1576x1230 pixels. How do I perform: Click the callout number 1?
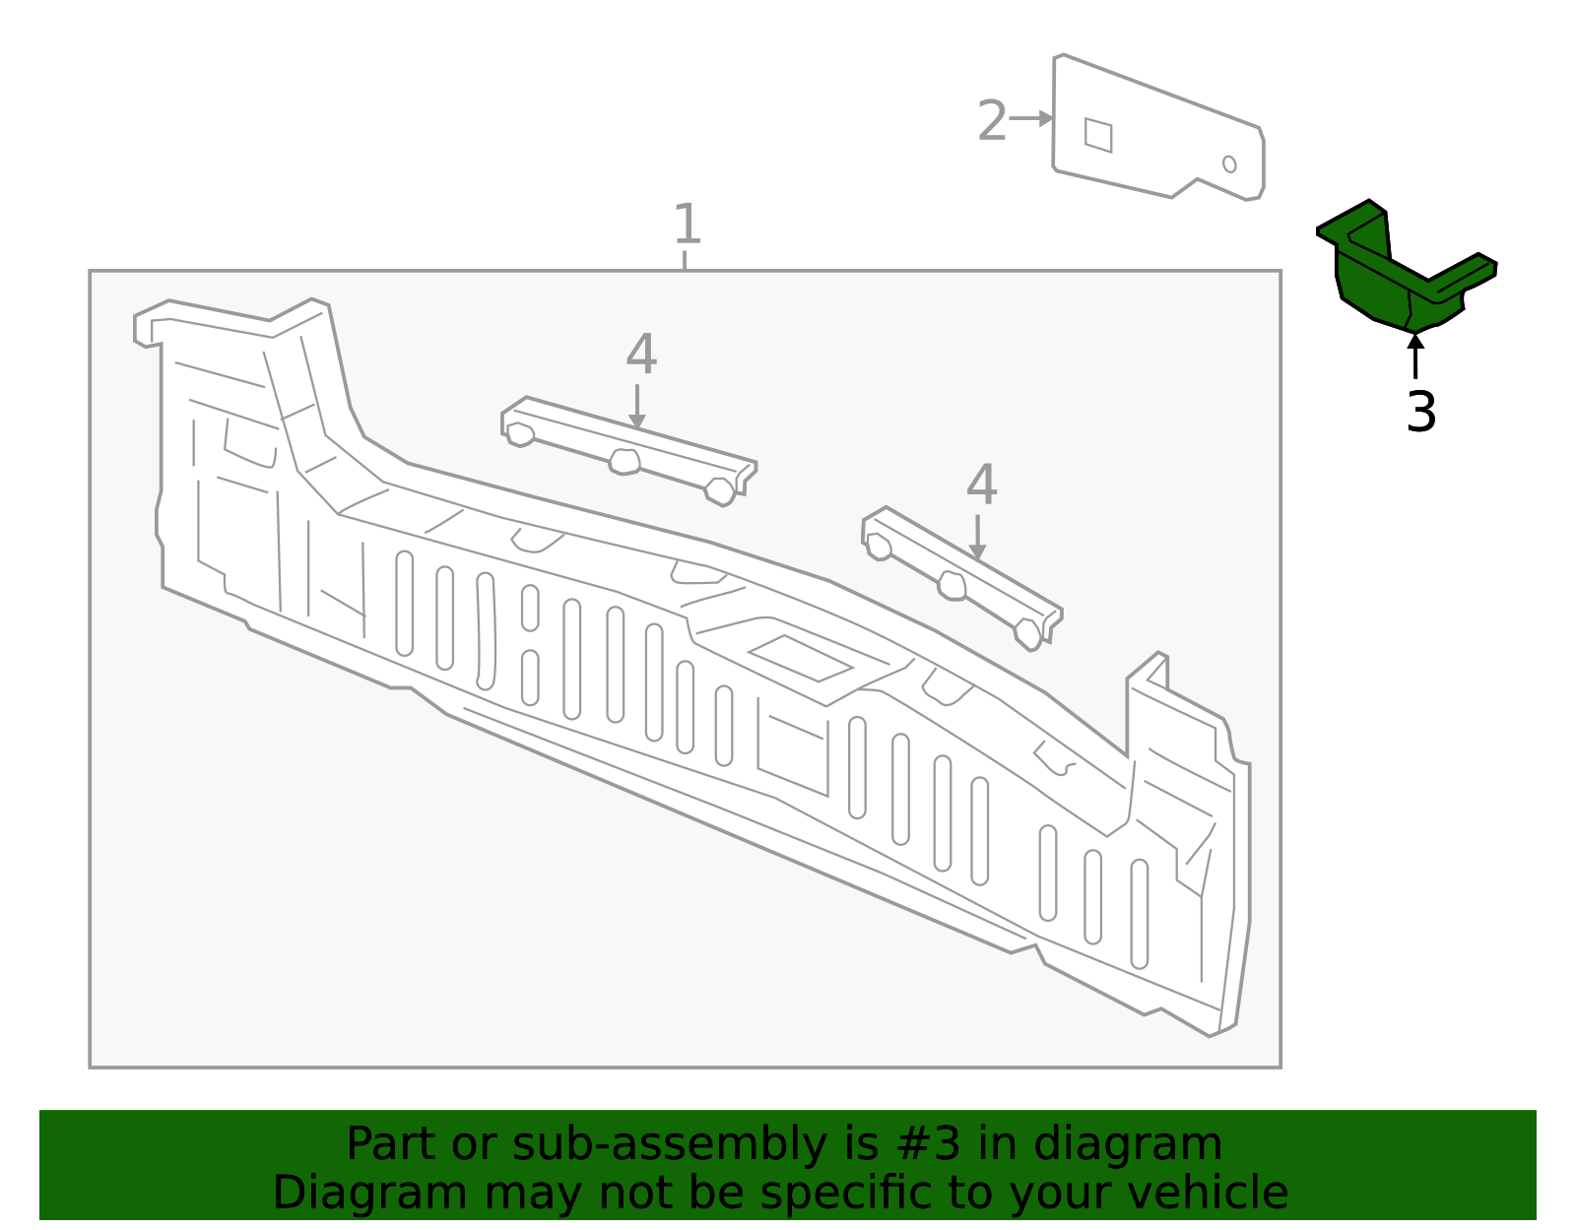point(687,225)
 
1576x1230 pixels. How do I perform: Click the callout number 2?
point(992,121)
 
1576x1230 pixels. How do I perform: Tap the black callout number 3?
point(1420,412)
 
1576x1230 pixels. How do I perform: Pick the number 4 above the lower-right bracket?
point(981,486)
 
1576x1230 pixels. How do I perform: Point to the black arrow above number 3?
point(1415,356)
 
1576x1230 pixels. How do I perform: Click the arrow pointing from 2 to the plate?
point(1032,118)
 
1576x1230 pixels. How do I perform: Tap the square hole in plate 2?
point(1098,135)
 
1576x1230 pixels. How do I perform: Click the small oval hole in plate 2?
point(1229,163)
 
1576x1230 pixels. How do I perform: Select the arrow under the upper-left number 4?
point(637,406)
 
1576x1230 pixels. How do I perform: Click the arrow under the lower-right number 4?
point(977,537)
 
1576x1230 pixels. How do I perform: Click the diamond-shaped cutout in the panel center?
point(800,658)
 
